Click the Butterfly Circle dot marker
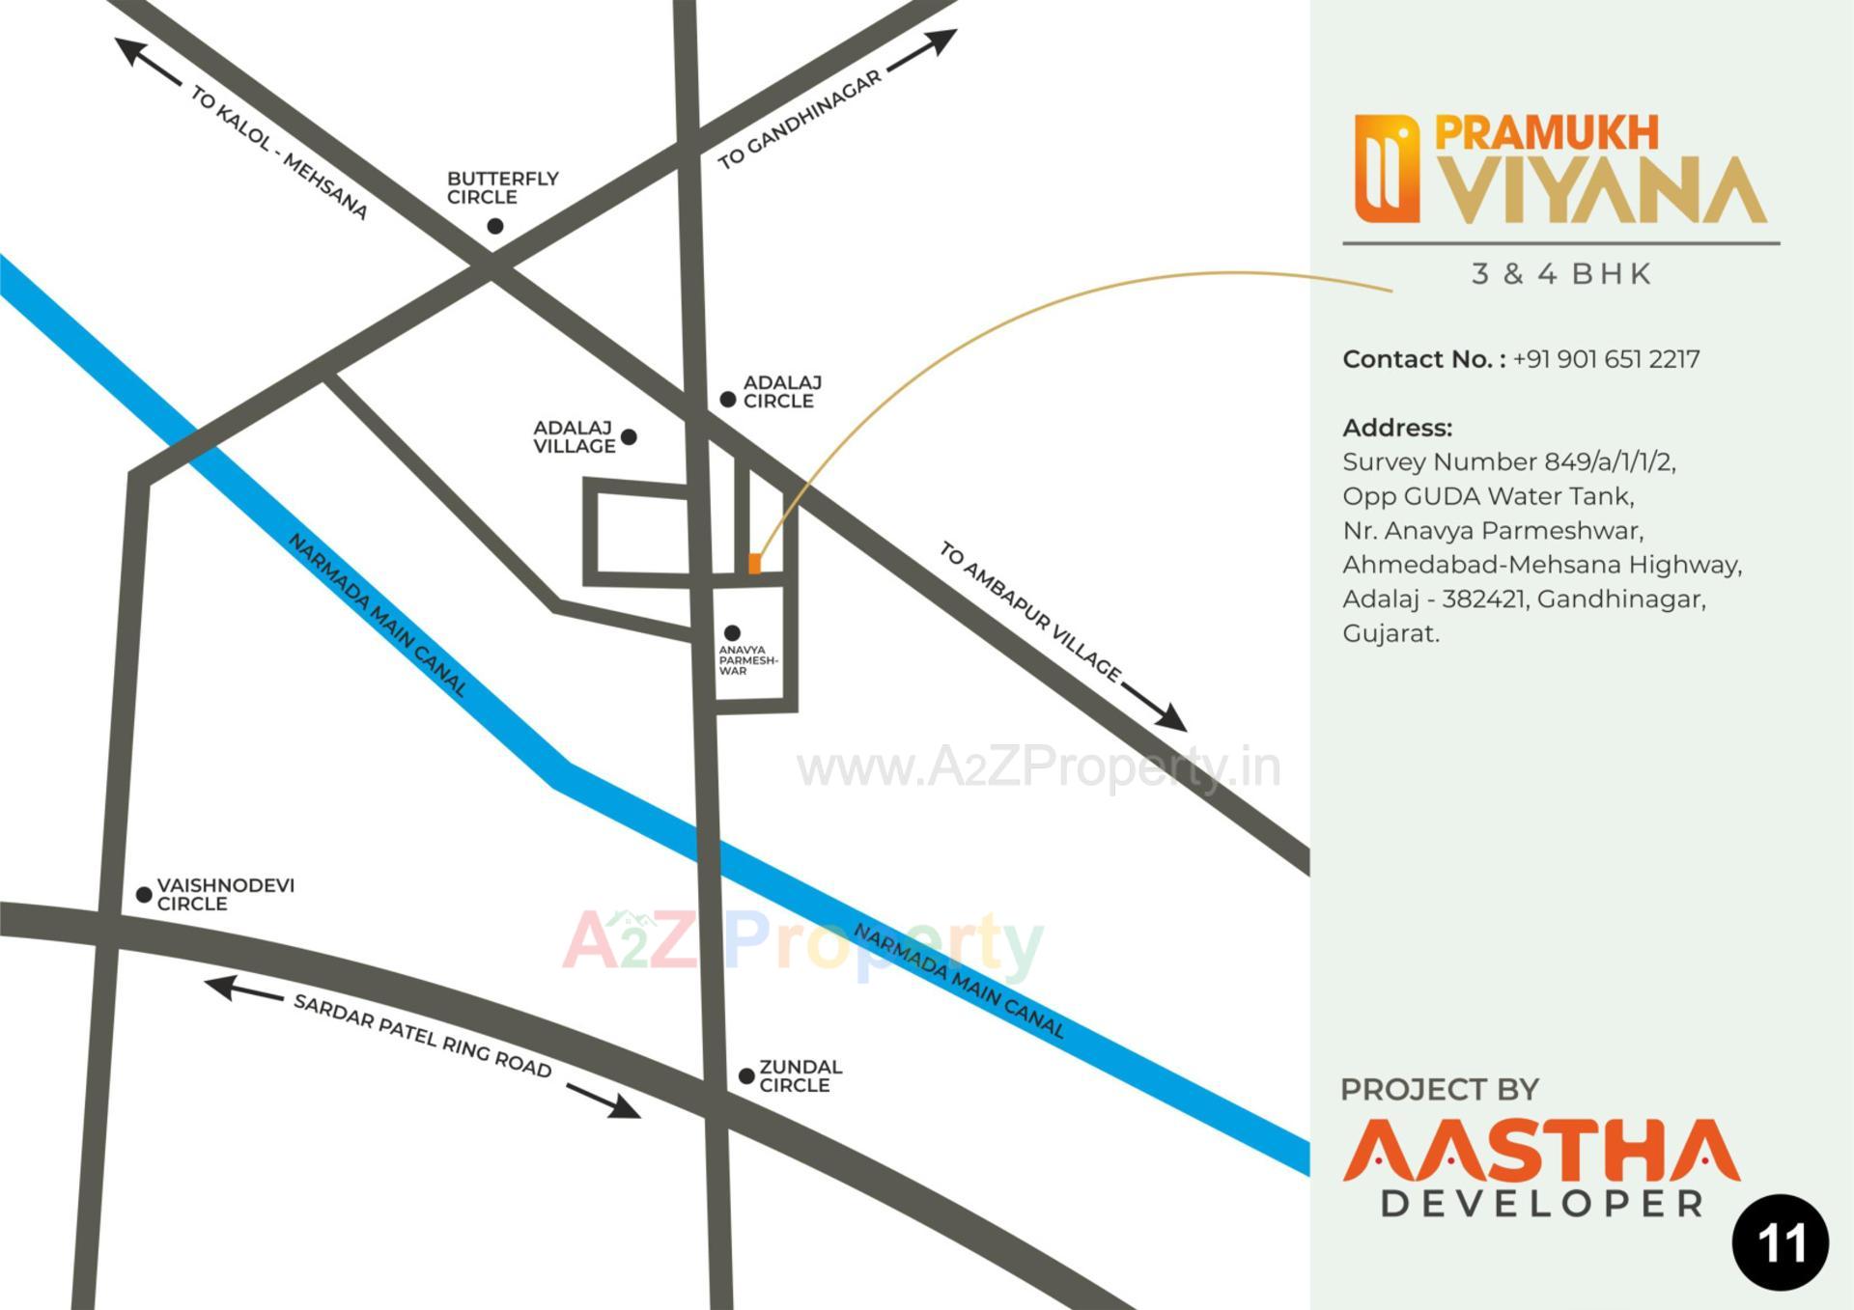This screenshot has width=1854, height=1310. point(495,226)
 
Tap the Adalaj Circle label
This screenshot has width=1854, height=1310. point(781,392)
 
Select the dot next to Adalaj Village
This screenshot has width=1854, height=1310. point(629,437)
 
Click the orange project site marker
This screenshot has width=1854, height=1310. point(755,564)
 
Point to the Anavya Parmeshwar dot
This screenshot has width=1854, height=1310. point(732,633)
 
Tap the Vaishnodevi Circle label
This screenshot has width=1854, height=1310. point(225,894)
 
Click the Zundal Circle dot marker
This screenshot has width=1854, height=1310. point(746,1075)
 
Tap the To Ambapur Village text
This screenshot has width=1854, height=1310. point(1029,611)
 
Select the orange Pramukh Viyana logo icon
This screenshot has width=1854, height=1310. point(1387,169)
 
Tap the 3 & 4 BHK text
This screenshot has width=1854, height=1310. point(1561,274)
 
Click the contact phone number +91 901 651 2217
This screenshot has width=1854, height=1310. point(1606,359)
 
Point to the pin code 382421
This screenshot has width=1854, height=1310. point(1483,599)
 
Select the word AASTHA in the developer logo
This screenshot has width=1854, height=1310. point(1541,1151)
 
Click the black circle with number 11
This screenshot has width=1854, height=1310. point(1781,1242)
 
